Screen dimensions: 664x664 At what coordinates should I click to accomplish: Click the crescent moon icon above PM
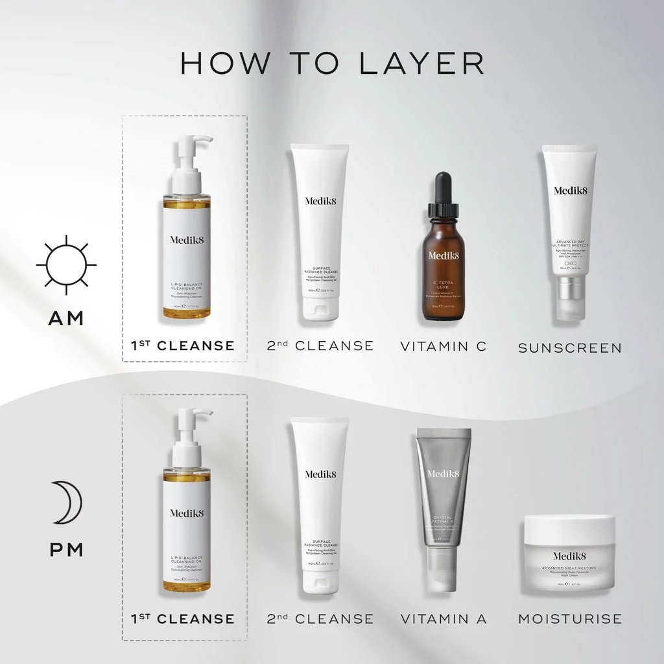point(67,503)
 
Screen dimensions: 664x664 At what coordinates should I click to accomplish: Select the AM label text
point(66,318)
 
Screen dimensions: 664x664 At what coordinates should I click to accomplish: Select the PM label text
point(66,550)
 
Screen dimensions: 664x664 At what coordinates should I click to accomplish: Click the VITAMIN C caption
point(443,346)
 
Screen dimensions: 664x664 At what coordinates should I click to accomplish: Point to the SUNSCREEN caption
point(569,348)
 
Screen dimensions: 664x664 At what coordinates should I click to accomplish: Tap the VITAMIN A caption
point(443,619)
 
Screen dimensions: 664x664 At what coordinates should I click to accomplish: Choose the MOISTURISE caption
point(569,619)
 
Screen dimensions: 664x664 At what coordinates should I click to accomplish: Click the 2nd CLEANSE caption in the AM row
point(320,346)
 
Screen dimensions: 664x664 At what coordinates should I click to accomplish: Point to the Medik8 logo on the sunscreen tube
point(569,191)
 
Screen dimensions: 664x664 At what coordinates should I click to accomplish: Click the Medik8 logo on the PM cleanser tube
point(320,475)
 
